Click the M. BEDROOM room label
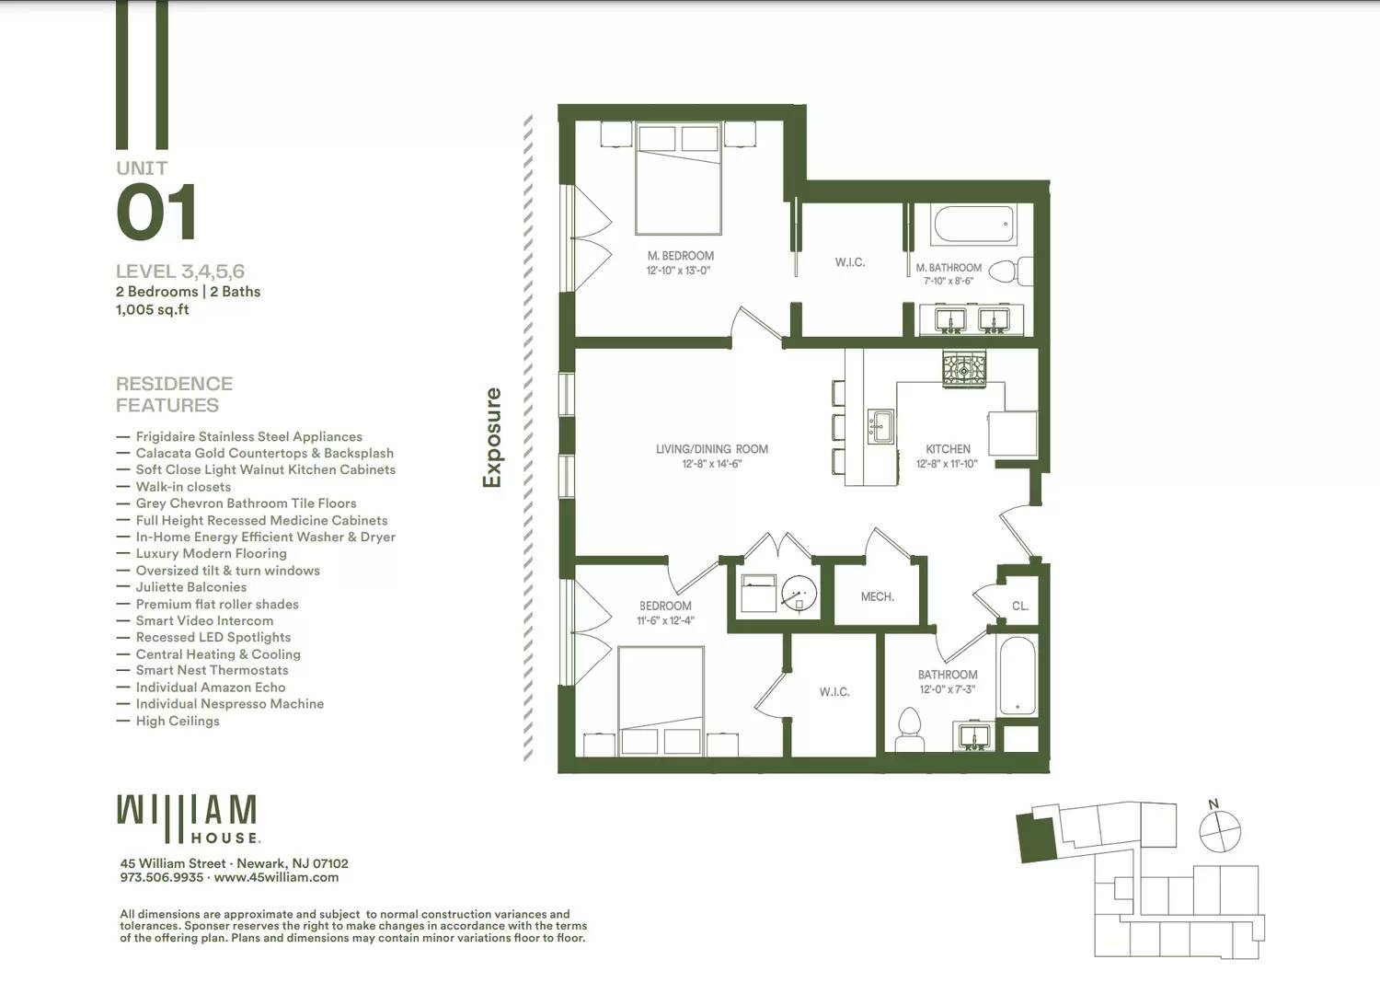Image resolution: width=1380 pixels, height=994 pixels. click(x=680, y=256)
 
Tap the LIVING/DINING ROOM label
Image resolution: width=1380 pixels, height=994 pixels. click(x=711, y=449)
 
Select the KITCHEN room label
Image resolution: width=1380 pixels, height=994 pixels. click(x=948, y=449)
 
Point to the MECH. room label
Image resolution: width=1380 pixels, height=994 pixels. click(x=877, y=597)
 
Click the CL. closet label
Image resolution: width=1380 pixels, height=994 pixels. click(x=1019, y=607)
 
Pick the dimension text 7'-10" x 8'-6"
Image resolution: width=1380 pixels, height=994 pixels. click(x=948, y=282)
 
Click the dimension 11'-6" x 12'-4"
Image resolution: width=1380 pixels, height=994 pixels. click(x=665, y=621)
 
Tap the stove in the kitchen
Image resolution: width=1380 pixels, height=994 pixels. click(x=963, y=369)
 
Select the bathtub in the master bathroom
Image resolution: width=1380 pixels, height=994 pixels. click(x=973, y=224)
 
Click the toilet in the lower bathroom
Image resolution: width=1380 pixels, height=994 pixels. click(x=909, y=729)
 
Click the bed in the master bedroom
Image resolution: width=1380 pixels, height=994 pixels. click(x=678, y=179)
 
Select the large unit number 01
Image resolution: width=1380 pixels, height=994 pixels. click(x=156, y=213)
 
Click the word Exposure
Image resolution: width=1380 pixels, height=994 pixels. click(x=493, y=437)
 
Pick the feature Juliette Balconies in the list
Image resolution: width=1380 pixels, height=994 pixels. click(x=190, y=587)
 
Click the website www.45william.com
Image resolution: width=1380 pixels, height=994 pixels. click(x=276, y=878)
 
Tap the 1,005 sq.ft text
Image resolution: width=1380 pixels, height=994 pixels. click(x=153, y=310)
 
